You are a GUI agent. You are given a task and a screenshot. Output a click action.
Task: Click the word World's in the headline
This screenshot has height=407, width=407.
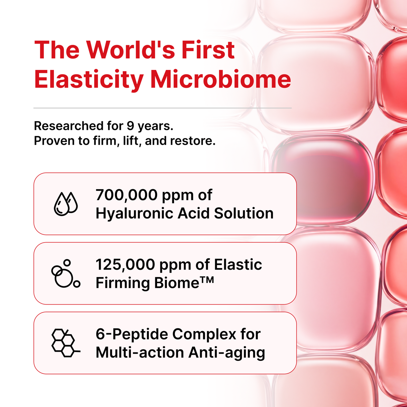click(x=131, y=50)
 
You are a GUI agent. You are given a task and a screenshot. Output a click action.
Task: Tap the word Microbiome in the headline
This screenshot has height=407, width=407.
click(x=220, y=79)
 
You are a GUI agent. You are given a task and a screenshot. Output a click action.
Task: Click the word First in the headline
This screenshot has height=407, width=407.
click(x=208, y=50)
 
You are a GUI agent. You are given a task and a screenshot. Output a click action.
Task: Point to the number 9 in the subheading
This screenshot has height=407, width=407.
click(x=131, y=126)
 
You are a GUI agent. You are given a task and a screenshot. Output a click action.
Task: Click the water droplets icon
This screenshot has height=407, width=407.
click(x=66, y=204)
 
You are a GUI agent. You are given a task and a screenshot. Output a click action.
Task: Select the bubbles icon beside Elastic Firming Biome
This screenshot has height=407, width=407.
click(x=66, y=273)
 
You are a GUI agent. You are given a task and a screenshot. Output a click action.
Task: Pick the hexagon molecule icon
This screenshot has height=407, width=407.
click(x=66, y=343)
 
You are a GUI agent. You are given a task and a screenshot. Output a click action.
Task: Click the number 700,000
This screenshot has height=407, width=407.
click(x=127, y=195)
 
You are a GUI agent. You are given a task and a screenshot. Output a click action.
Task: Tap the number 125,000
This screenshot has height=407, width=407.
click(x=125, y=265)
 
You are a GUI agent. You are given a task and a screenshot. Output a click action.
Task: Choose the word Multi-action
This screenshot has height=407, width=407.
click(x=140, y=353)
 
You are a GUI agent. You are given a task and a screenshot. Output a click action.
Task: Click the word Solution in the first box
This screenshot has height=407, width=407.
click(x=244, y=214)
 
